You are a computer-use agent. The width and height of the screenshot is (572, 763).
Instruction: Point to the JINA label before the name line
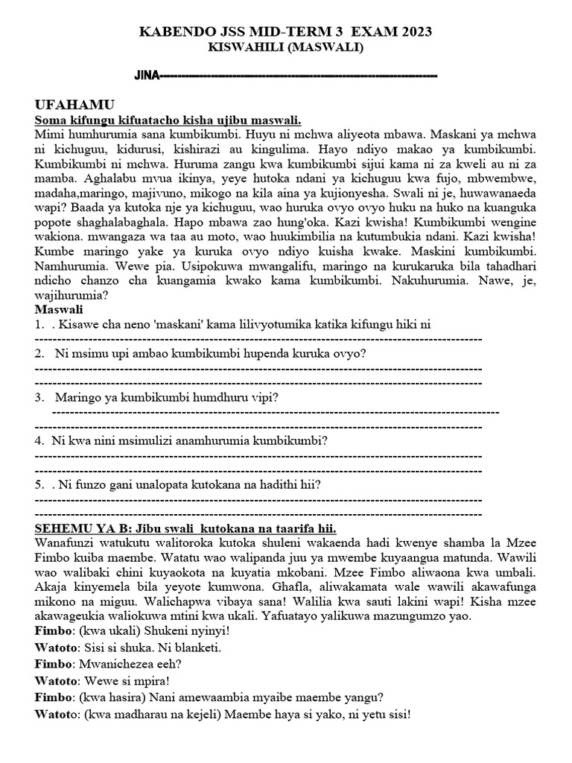click(147, 76)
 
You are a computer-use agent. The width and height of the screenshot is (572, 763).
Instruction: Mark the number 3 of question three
click(38, 396)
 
